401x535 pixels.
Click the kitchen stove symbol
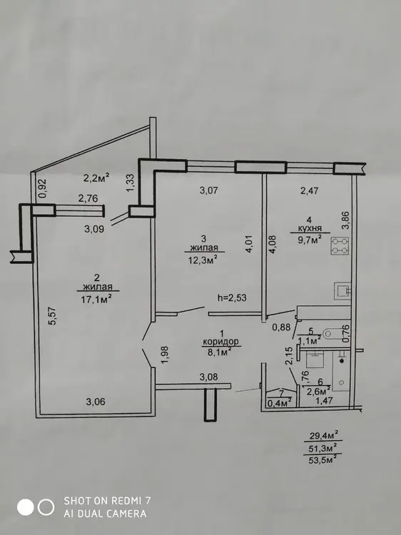340,245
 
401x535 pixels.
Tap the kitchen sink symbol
342,291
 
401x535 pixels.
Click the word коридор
220,342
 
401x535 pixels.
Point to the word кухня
310,228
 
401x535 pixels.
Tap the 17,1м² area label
96,299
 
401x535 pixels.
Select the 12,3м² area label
203,260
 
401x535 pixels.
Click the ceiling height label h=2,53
232,297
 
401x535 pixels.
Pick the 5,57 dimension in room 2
54,316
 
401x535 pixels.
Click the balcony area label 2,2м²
96,178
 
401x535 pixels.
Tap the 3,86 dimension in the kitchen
345,221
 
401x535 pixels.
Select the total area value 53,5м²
323,459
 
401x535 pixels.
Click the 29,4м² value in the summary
323,435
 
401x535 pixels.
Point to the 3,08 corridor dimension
208,377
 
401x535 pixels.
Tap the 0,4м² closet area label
280,402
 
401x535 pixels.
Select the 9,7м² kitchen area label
310,240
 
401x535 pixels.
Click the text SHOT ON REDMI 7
107,501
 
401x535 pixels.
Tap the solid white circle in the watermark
26,507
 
